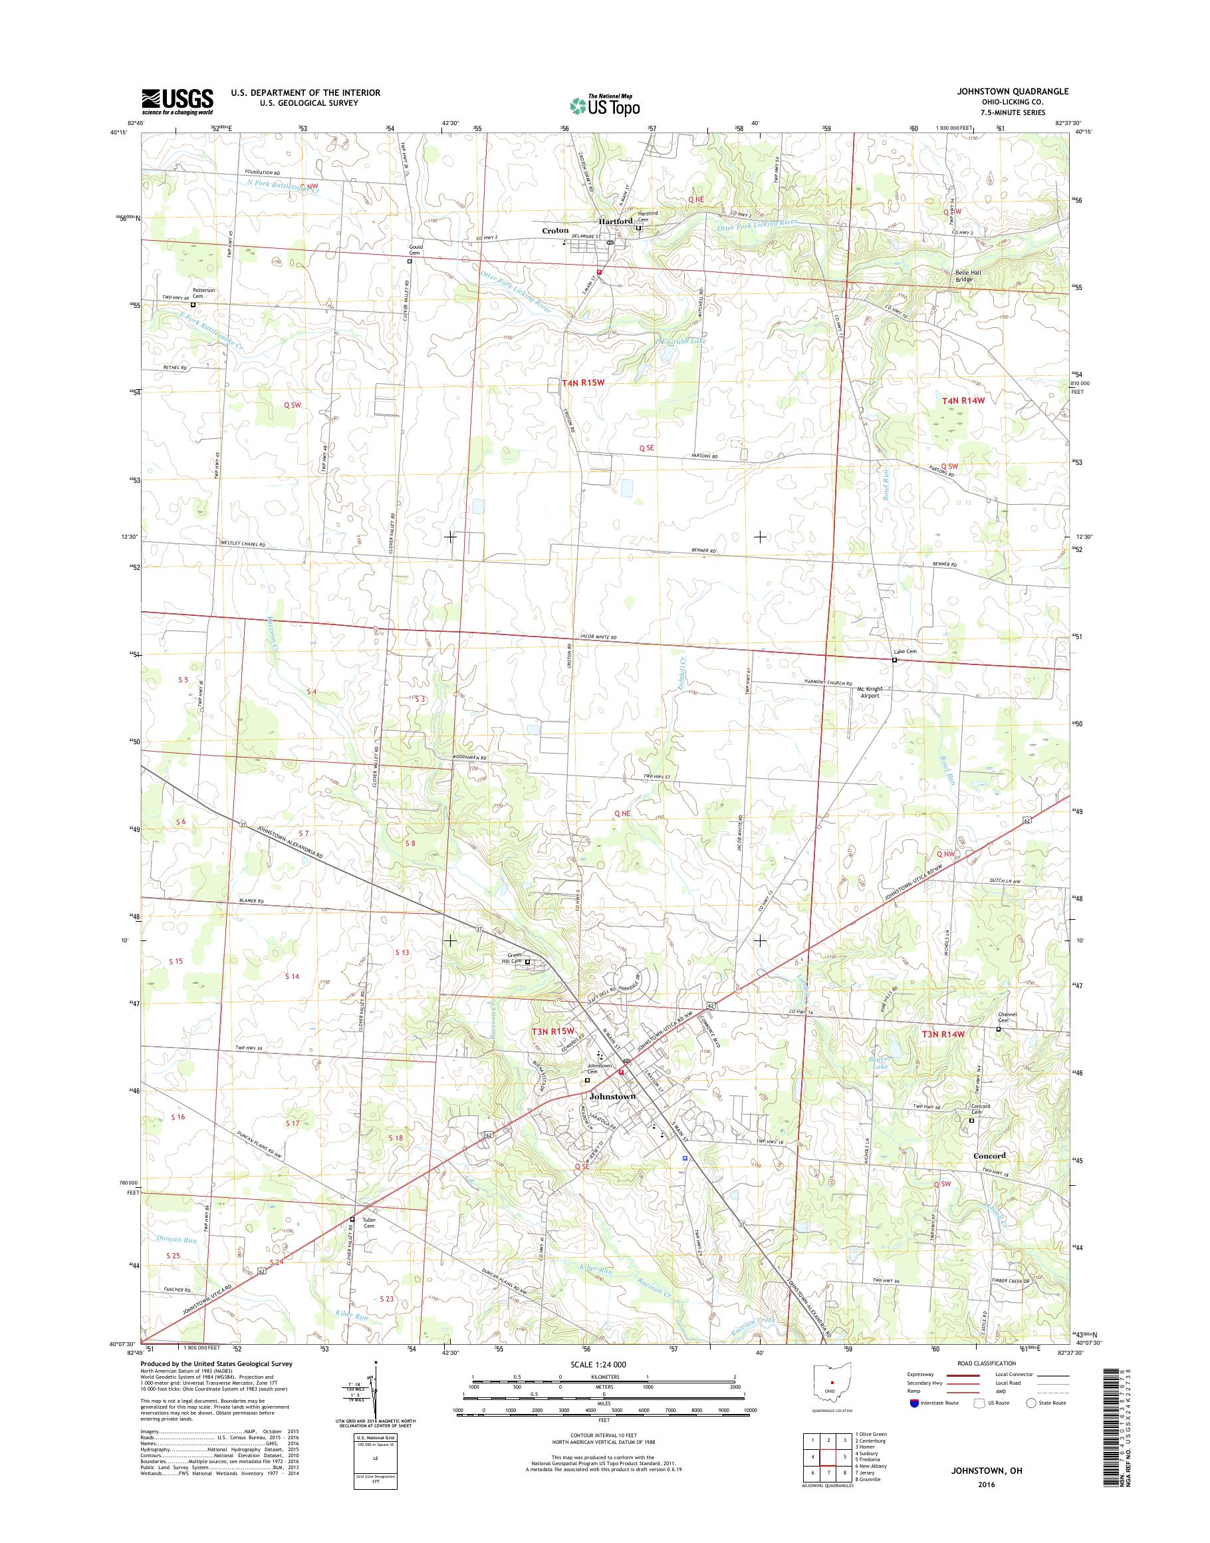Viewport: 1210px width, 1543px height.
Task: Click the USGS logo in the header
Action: coord(177,101)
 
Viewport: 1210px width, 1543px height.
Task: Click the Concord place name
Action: coord(989,1155)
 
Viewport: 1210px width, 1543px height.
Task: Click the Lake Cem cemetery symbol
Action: coord(894,660)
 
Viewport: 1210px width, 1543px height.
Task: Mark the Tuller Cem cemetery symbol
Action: coord(352,1219)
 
